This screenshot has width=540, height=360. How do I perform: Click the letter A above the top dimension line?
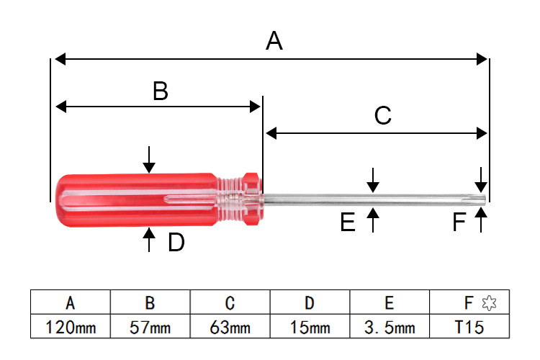click(274, 42)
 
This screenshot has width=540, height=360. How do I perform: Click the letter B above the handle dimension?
click(160, 91)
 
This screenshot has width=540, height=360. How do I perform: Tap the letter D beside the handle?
click(176, 243)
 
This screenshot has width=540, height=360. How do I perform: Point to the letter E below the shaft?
click(348, 223)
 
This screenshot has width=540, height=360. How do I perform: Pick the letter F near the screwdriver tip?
click(459, 223)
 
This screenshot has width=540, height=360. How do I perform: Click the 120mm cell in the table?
click(71, 328)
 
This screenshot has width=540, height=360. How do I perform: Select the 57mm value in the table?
click(150, 328)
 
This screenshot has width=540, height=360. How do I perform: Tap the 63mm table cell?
click(230, 328)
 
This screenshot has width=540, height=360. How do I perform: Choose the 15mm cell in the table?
click(310, 328)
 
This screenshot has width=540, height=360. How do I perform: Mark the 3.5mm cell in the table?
click(390, 328)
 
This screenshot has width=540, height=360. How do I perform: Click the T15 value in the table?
click(469, 328)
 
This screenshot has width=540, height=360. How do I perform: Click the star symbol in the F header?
click(489, 303)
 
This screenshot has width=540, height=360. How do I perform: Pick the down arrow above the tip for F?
click(481, 179)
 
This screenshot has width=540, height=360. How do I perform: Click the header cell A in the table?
click(71, 303)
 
